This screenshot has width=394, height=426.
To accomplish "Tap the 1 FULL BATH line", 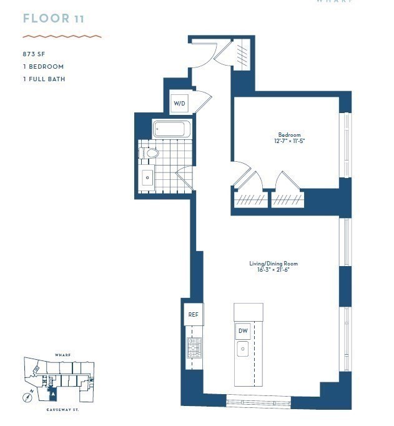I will click(x=44, y=79).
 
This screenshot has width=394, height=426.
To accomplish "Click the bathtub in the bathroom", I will click(x=172, y=130).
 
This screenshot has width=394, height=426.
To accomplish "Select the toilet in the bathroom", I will click(x=150, y=152).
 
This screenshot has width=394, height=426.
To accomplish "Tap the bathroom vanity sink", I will click(x=147, y=177).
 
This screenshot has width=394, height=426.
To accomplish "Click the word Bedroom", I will click(x=289, y=135).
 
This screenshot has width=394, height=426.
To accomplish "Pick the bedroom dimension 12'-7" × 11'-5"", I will click(x=290, y=142).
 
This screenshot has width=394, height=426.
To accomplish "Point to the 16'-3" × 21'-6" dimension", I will click(x=270, y=270).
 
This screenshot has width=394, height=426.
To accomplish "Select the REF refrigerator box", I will click(x=193, y=315).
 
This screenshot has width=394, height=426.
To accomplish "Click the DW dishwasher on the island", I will click(x=243, y=330).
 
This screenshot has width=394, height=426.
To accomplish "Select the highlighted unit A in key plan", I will click(x=53, y=395).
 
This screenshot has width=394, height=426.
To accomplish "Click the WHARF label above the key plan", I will click(x=62, y=354).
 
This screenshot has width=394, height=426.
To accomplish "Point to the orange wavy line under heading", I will click(x=62, y=36).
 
